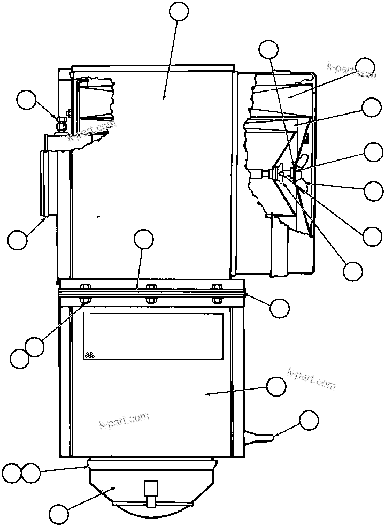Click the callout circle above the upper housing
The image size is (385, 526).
pyautogui.click(x=179, y=11)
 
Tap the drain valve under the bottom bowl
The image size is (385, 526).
pyautogui.click(x=151, y=493)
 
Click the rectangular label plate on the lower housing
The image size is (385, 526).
pyautogui.click(x=153, y=336)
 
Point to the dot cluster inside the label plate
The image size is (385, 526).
pyautogui.click(x=89, y=355)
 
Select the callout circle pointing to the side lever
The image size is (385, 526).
pyautogui.click(x=309, y=421)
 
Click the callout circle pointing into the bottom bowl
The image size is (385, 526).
pyautogui.click(x=59, y=514)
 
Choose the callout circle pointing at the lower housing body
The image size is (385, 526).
pyautogui.click(x=276, y=387)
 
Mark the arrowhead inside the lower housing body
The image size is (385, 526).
pyautogui.click(x=207, y=394)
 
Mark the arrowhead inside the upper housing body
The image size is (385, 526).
pyautogui.click(x=164, y=97)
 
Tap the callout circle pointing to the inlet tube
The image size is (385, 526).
pyautogui.click(x=18, y=239)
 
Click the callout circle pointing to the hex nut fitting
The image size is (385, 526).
pyautogui.click(x=26, y=100)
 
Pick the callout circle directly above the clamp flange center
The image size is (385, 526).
pyautogui.click(x=143, y=240)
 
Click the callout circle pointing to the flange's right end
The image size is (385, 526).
pyautogui.click(x=279, y=308)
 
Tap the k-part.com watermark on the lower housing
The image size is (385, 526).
pyautogui.click(x=124, y=421)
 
